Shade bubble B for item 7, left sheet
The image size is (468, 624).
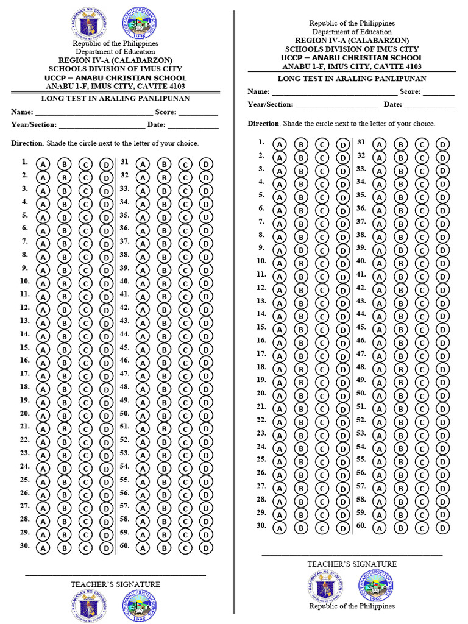pyautogui.click(x=65, y=244)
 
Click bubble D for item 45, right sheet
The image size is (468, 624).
pyautogui.click(x=442, y=330)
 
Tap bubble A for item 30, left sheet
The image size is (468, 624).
pyautogui.click(x=43, y=548)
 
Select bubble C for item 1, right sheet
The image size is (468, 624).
pyautogui.click(x=321, y=144)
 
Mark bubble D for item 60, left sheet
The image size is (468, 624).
pyautogui.click(x=207, y=548)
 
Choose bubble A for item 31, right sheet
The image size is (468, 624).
pyautogui.click(x=380, y=144)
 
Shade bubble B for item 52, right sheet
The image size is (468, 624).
pyautogui.click(x=400, y=422)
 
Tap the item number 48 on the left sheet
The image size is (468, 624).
pyautogui.click(x=124, y=387)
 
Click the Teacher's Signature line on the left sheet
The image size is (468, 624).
pyautogui.click(x=115, y=575)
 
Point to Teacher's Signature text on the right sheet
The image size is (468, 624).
pyautogui.click(x=352, y=564)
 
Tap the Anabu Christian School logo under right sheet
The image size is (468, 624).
pyautogui.click(x=375, y=586)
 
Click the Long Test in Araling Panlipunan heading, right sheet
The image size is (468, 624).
pyautogui.click(x=352, y=79)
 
